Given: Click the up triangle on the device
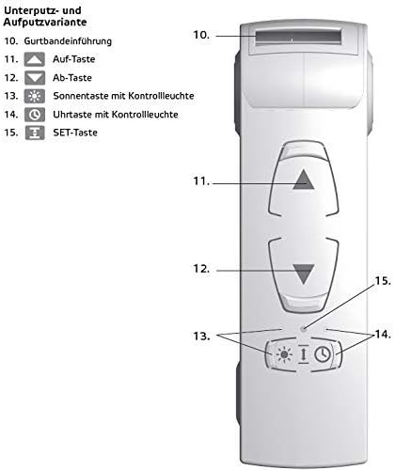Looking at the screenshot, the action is [x=304, y=180].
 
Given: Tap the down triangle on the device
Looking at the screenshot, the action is [x=304, y=274].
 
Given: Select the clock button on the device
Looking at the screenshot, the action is [x=323, y=354].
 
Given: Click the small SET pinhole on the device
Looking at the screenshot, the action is [x=303, y=329].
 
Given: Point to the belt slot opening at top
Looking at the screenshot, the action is [x=298, y=39].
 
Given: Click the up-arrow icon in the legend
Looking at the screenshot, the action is [x=35, y=59].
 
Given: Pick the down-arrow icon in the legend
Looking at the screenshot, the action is [x=35, y=78].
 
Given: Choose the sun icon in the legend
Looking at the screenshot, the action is [x=35, y=96].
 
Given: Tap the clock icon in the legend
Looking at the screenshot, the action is [x=35, y=115].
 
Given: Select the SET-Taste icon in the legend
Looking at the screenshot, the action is [x=35, y=133].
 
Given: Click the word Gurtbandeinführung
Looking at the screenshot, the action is [x=68, y=41].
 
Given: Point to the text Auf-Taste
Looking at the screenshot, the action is [x=74, y=59].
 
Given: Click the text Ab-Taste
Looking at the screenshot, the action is [x=72, y=77].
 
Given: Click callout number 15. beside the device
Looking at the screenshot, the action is [x=383, y=281].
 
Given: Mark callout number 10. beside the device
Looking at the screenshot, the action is [x=201, y=35].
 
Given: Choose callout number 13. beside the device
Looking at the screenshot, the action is [x=201, y=336].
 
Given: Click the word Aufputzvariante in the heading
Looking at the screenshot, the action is [x=45, y=23].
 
